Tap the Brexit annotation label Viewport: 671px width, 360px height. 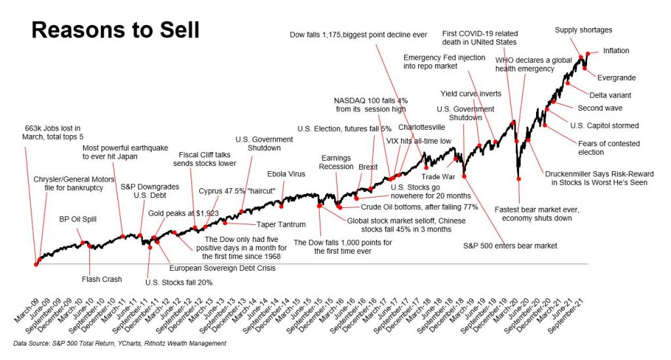tap(368, 167)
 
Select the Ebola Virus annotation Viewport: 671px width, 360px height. tap(284, 174)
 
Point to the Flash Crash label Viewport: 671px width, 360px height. tap(102, 279)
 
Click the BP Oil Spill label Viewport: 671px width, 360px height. tap(78, 219)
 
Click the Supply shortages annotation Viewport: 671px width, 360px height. tap(583, 30)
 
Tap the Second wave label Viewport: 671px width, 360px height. tap(600, 108)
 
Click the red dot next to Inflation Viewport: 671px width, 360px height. tap(588, 53)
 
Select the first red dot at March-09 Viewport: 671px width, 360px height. tap(35, 264)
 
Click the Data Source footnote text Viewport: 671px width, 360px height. tap(119, 344)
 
